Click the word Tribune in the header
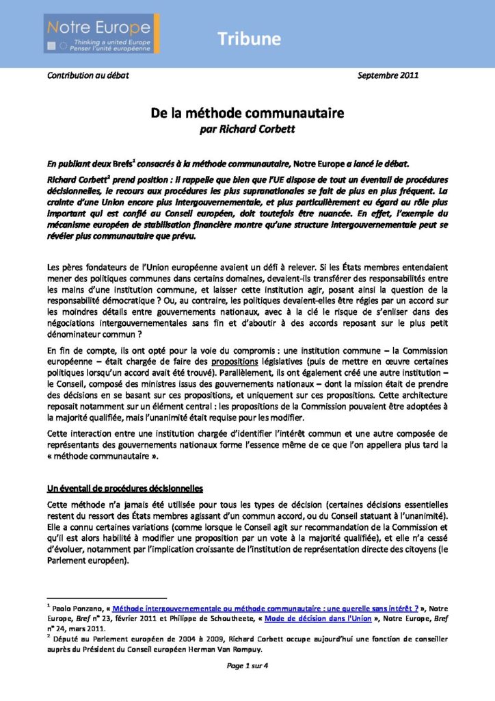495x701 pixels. coord(250,39)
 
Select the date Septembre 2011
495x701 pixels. coord(389,75)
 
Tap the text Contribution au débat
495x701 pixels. coord(88,75)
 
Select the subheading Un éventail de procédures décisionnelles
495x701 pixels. coord(125,489)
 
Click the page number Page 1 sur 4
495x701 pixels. coord(247,668)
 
